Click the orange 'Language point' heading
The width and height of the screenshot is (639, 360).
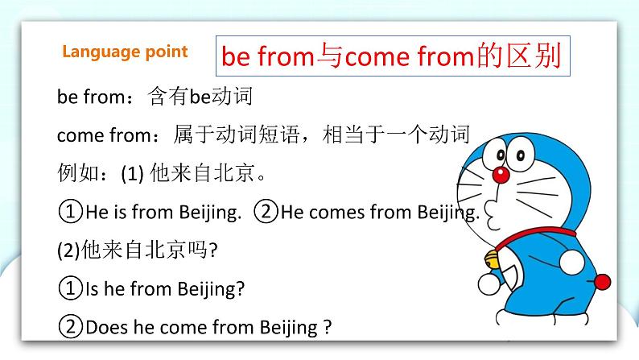(x=125, y=52)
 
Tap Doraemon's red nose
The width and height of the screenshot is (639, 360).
(x=501, y=174)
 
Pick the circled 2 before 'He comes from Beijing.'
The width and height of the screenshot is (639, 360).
(x=266, y=213)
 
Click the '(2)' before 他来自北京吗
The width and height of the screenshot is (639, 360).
(x=67, y=250)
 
